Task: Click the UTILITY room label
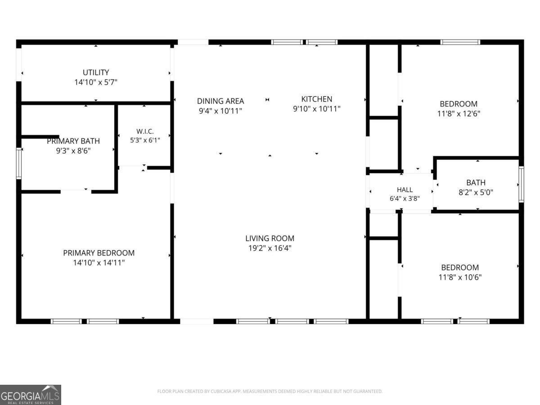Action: [96, 72]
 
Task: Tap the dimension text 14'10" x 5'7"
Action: [96, 82]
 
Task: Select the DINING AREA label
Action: [220, 101]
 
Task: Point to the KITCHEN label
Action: [317, 99]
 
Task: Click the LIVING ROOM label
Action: [270, 238]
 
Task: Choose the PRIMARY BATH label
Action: [73, 141]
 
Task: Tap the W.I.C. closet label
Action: [145, 131]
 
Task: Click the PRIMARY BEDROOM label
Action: [99, 253]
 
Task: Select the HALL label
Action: [405, 190]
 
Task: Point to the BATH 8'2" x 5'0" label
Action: [476, 187]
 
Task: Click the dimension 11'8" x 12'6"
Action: [459, 114]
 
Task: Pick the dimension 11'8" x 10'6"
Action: [460, 277]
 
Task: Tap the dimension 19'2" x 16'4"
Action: [270, 248]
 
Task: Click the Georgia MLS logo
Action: [31, 395]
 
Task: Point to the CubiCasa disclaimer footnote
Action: [270, 391]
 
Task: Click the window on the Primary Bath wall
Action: [19, 163]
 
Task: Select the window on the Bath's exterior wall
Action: [521, 184]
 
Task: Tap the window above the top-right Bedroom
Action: [460, 42]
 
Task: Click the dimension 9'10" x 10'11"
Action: [317, 109]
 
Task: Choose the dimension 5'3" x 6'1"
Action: [145, 140]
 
